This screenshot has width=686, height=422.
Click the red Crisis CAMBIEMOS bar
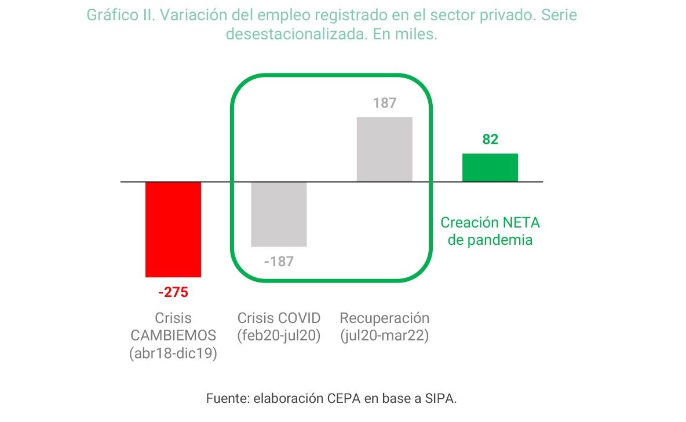click(173, 229)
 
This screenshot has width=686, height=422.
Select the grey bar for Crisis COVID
click(279, 214)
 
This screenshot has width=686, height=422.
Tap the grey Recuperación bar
click(384, 149)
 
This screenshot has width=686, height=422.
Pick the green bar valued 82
click(490, 167)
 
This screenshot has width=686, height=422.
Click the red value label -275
click(173, 292)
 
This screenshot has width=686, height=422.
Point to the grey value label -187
click(279, 262)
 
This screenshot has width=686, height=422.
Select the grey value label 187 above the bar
click(385, 104)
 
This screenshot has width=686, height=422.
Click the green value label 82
click(490, 140)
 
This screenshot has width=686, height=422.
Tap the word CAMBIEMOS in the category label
click(173, 336)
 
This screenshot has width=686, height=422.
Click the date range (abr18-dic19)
click(173, 354)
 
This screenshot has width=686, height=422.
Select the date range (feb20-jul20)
click(279, 336)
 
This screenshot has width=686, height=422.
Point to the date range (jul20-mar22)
click(385, 336)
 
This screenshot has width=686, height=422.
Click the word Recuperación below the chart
click(385, 318)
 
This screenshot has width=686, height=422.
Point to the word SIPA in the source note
click(440, 399)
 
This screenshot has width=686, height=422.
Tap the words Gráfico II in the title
click(121, 15)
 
